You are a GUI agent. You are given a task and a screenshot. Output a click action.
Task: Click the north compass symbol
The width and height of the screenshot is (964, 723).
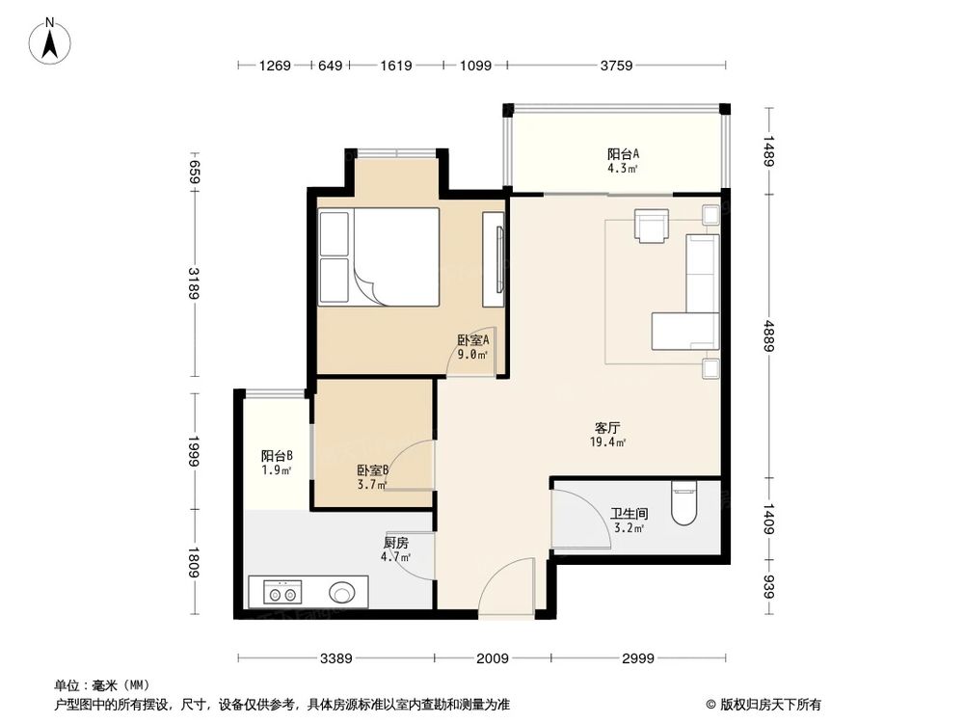[x=54, y=40]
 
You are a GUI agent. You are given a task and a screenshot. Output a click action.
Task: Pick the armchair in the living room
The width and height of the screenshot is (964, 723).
[x=652, y=226]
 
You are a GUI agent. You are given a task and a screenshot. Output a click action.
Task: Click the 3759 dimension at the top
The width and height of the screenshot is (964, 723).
[x=616, y=66]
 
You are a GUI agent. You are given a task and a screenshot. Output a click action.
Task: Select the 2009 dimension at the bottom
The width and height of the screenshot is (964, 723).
[x=492, y=658]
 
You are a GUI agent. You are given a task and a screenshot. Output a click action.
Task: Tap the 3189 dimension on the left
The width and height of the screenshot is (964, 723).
[x=195, y=282]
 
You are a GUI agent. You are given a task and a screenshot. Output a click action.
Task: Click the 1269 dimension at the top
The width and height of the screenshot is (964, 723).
[x=275, y=66]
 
